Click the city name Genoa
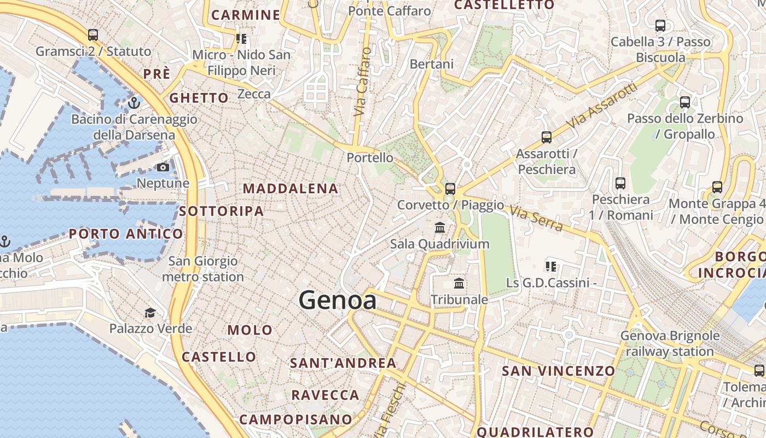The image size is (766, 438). tap(338, 301)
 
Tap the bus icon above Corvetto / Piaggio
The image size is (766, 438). tap(450, 189)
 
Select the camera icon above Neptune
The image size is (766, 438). tap(163, 167)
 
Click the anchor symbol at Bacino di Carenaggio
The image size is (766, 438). tap(134, 102)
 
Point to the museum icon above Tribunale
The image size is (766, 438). tap(459, 284)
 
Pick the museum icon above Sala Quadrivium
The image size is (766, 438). tap(440, 227)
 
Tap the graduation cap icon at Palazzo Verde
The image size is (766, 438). tap(150, 313)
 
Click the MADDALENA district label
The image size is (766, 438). tap(291, 189)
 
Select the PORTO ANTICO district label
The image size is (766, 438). tap(126, 234)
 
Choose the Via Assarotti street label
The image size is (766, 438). tap(602, 106)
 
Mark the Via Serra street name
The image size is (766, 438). tap(536, 218)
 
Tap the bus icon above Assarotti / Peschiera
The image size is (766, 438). tap(546, 137)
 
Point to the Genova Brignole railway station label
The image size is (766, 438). tap(670, 343)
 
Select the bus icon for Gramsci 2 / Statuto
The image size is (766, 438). tap(93, 35)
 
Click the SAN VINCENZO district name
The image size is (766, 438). tap(559, 371)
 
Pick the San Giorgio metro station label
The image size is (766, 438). tap(203, 269)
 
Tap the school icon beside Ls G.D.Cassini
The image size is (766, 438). tap(551, 267)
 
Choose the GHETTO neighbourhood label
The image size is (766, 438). tap(199, 98)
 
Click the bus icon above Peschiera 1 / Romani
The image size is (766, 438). tap(620, 183)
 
